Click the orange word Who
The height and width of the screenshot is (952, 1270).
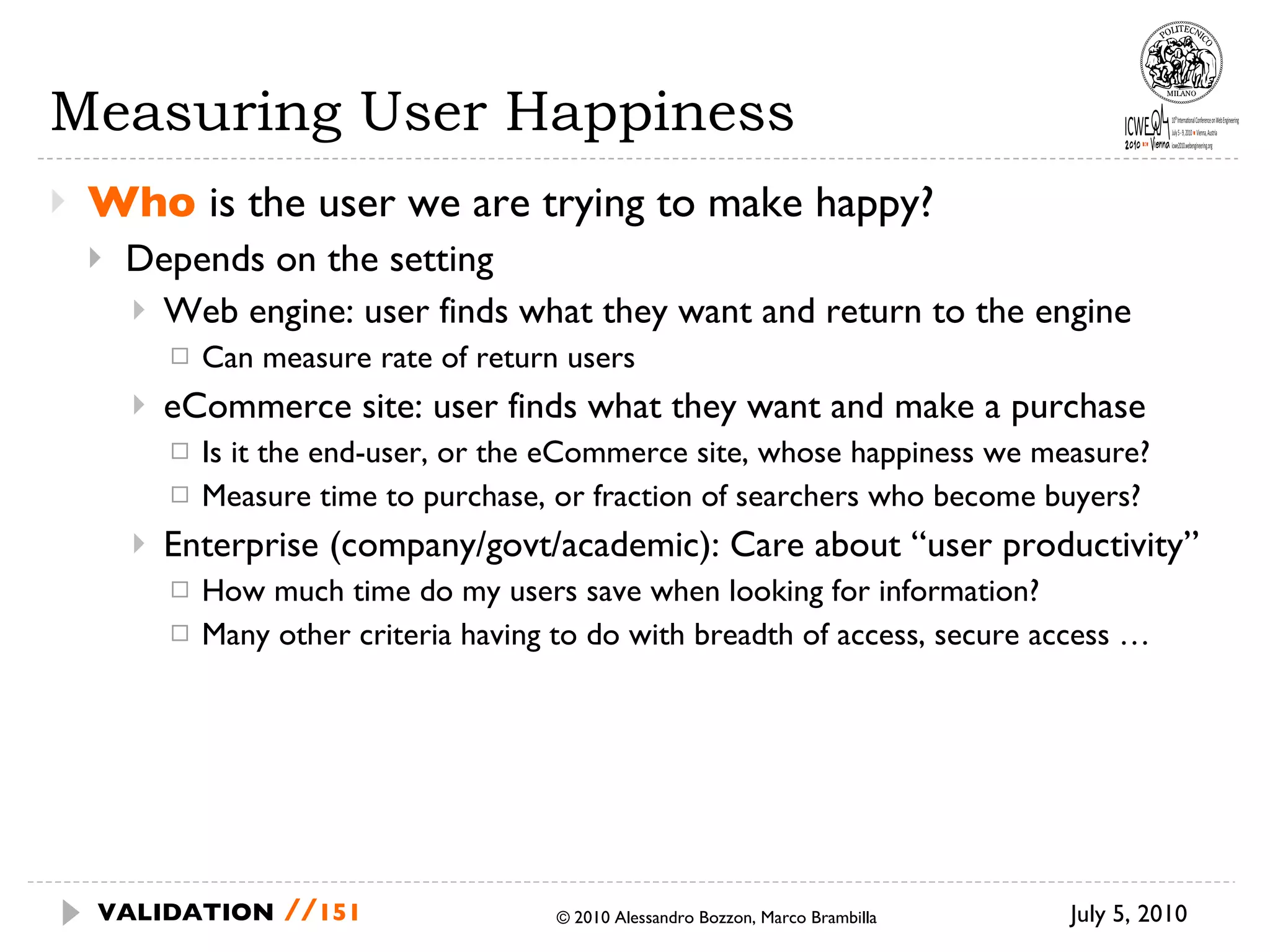click(x=141, y=203)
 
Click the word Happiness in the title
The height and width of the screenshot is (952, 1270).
click(x=649, y=113)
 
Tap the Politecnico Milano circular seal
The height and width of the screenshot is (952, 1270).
click(x=1181, y=63)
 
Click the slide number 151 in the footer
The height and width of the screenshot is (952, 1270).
click(x=340, y=912)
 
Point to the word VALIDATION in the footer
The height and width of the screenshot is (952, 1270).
click(x=185, y=912)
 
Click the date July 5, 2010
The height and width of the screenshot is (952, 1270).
click(x=1128, y=914)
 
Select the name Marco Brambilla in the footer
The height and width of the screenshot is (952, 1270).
click(x=819, y=918)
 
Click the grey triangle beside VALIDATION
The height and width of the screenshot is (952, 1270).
click(x=71, y=912)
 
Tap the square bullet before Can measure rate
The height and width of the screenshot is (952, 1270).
click(x=180, y=356)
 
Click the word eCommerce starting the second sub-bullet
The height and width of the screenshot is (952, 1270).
click(x=257, y=407)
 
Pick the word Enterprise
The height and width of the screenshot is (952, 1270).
click(x=241, y=545)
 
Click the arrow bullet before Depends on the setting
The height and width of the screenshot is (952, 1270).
click(x=95, y=258)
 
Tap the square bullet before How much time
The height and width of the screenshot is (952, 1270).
click(x=180, y=589)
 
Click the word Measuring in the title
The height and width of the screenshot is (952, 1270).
click(x=196, y=113)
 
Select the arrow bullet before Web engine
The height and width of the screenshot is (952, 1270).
click(x=139, y=310)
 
